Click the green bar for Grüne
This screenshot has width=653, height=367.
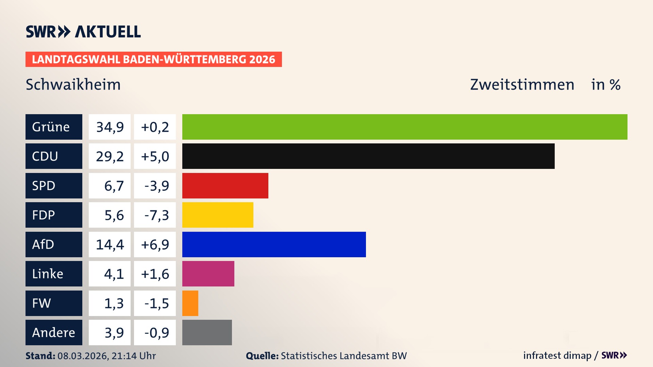coord(405,127)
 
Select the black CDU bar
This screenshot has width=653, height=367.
coord(368,156)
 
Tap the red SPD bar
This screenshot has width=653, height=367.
coord(225,186)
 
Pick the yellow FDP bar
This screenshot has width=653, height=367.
coord(218,215)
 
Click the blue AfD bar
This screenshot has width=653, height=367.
coord(274,244)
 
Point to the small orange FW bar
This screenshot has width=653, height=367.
coord(190,303)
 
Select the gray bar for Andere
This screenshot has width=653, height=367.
coord(207,332)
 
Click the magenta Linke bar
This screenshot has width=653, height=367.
coord(208,274)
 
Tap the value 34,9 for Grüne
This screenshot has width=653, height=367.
coord(110,127)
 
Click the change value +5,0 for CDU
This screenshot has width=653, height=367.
coord(155,156)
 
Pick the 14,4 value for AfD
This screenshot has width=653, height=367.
coord(110,244)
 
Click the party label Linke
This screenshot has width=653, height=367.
coord(48,274)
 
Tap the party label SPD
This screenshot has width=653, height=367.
coord(44,186)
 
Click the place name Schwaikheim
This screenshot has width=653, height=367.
coord(73,84)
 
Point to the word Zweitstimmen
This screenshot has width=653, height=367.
coord(522,84)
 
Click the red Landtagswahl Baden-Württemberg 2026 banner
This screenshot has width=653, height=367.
coord(153,59)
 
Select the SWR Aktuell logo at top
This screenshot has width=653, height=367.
coord(83,32)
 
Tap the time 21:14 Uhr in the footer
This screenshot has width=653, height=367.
coord(133,356)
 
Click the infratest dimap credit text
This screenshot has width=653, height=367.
coord(557,355)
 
